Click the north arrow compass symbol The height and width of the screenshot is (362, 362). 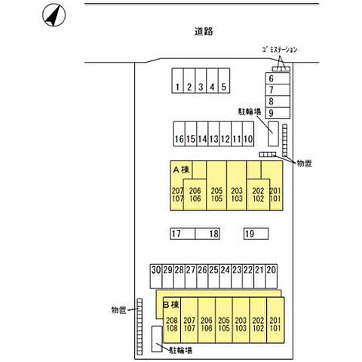54,15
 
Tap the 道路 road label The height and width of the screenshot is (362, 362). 204,32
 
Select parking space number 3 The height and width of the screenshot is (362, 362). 201,81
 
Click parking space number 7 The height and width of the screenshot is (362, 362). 278,90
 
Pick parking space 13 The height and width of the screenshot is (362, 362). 213,133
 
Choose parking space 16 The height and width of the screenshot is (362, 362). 179,133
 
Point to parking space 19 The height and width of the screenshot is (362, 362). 256,234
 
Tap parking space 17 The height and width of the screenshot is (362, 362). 183,234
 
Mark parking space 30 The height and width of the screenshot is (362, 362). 156,276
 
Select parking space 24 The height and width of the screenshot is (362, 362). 225,276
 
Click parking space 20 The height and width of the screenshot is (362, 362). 271,276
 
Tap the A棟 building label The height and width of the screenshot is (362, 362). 181,170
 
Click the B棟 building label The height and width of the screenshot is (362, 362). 171,305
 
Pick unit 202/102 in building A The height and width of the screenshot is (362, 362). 258,195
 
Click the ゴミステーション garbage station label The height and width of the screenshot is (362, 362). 280,50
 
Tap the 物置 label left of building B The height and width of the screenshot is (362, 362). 119,310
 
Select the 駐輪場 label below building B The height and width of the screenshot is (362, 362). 181,350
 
